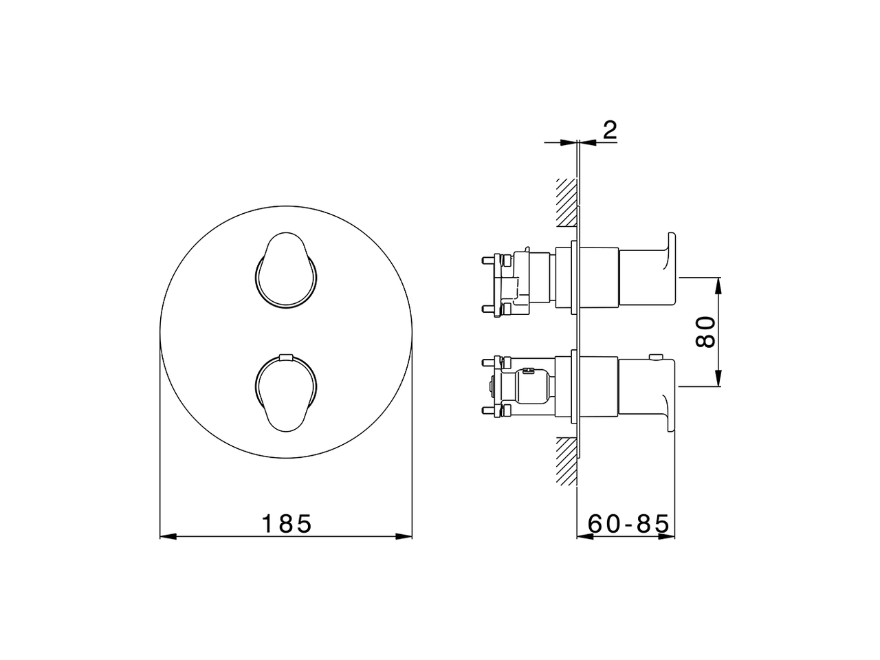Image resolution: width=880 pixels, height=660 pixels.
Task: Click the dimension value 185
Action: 287,524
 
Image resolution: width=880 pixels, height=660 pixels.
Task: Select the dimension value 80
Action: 707,332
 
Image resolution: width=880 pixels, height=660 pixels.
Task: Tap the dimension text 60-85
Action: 628,524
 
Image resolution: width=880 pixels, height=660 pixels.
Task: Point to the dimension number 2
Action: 608,129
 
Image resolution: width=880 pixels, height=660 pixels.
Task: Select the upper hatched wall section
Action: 566,203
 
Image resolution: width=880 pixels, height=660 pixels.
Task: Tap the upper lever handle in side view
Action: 650,272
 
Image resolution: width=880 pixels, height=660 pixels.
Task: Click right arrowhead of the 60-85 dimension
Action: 670,537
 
